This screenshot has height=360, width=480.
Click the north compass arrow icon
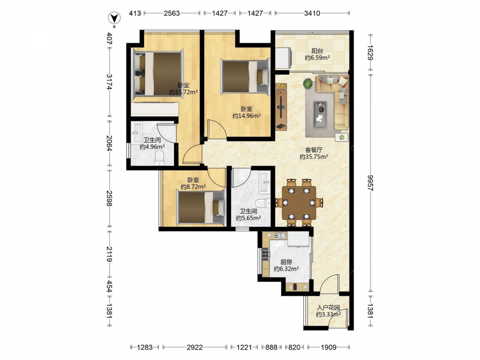click(x=114, y=18)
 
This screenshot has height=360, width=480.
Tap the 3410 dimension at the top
click(x=312, y=13)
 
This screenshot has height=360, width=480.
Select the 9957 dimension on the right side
click(x=371, y=183)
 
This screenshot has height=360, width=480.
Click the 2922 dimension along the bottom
click(x=195, y=347)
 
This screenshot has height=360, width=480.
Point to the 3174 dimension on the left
click(x=109, y=82)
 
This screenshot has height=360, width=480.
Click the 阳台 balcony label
click(x=317, y=51)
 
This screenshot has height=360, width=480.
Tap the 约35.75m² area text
click(x=314, y=157)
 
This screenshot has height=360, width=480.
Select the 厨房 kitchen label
click(x=286, y=262)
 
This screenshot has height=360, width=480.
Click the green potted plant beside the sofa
click(x=308, y=83)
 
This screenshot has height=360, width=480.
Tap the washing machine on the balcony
click(x=284, y=58)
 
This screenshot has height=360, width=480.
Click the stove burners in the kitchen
click(x=266, y=253)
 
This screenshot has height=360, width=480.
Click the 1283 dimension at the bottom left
click(x=145, y=347)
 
